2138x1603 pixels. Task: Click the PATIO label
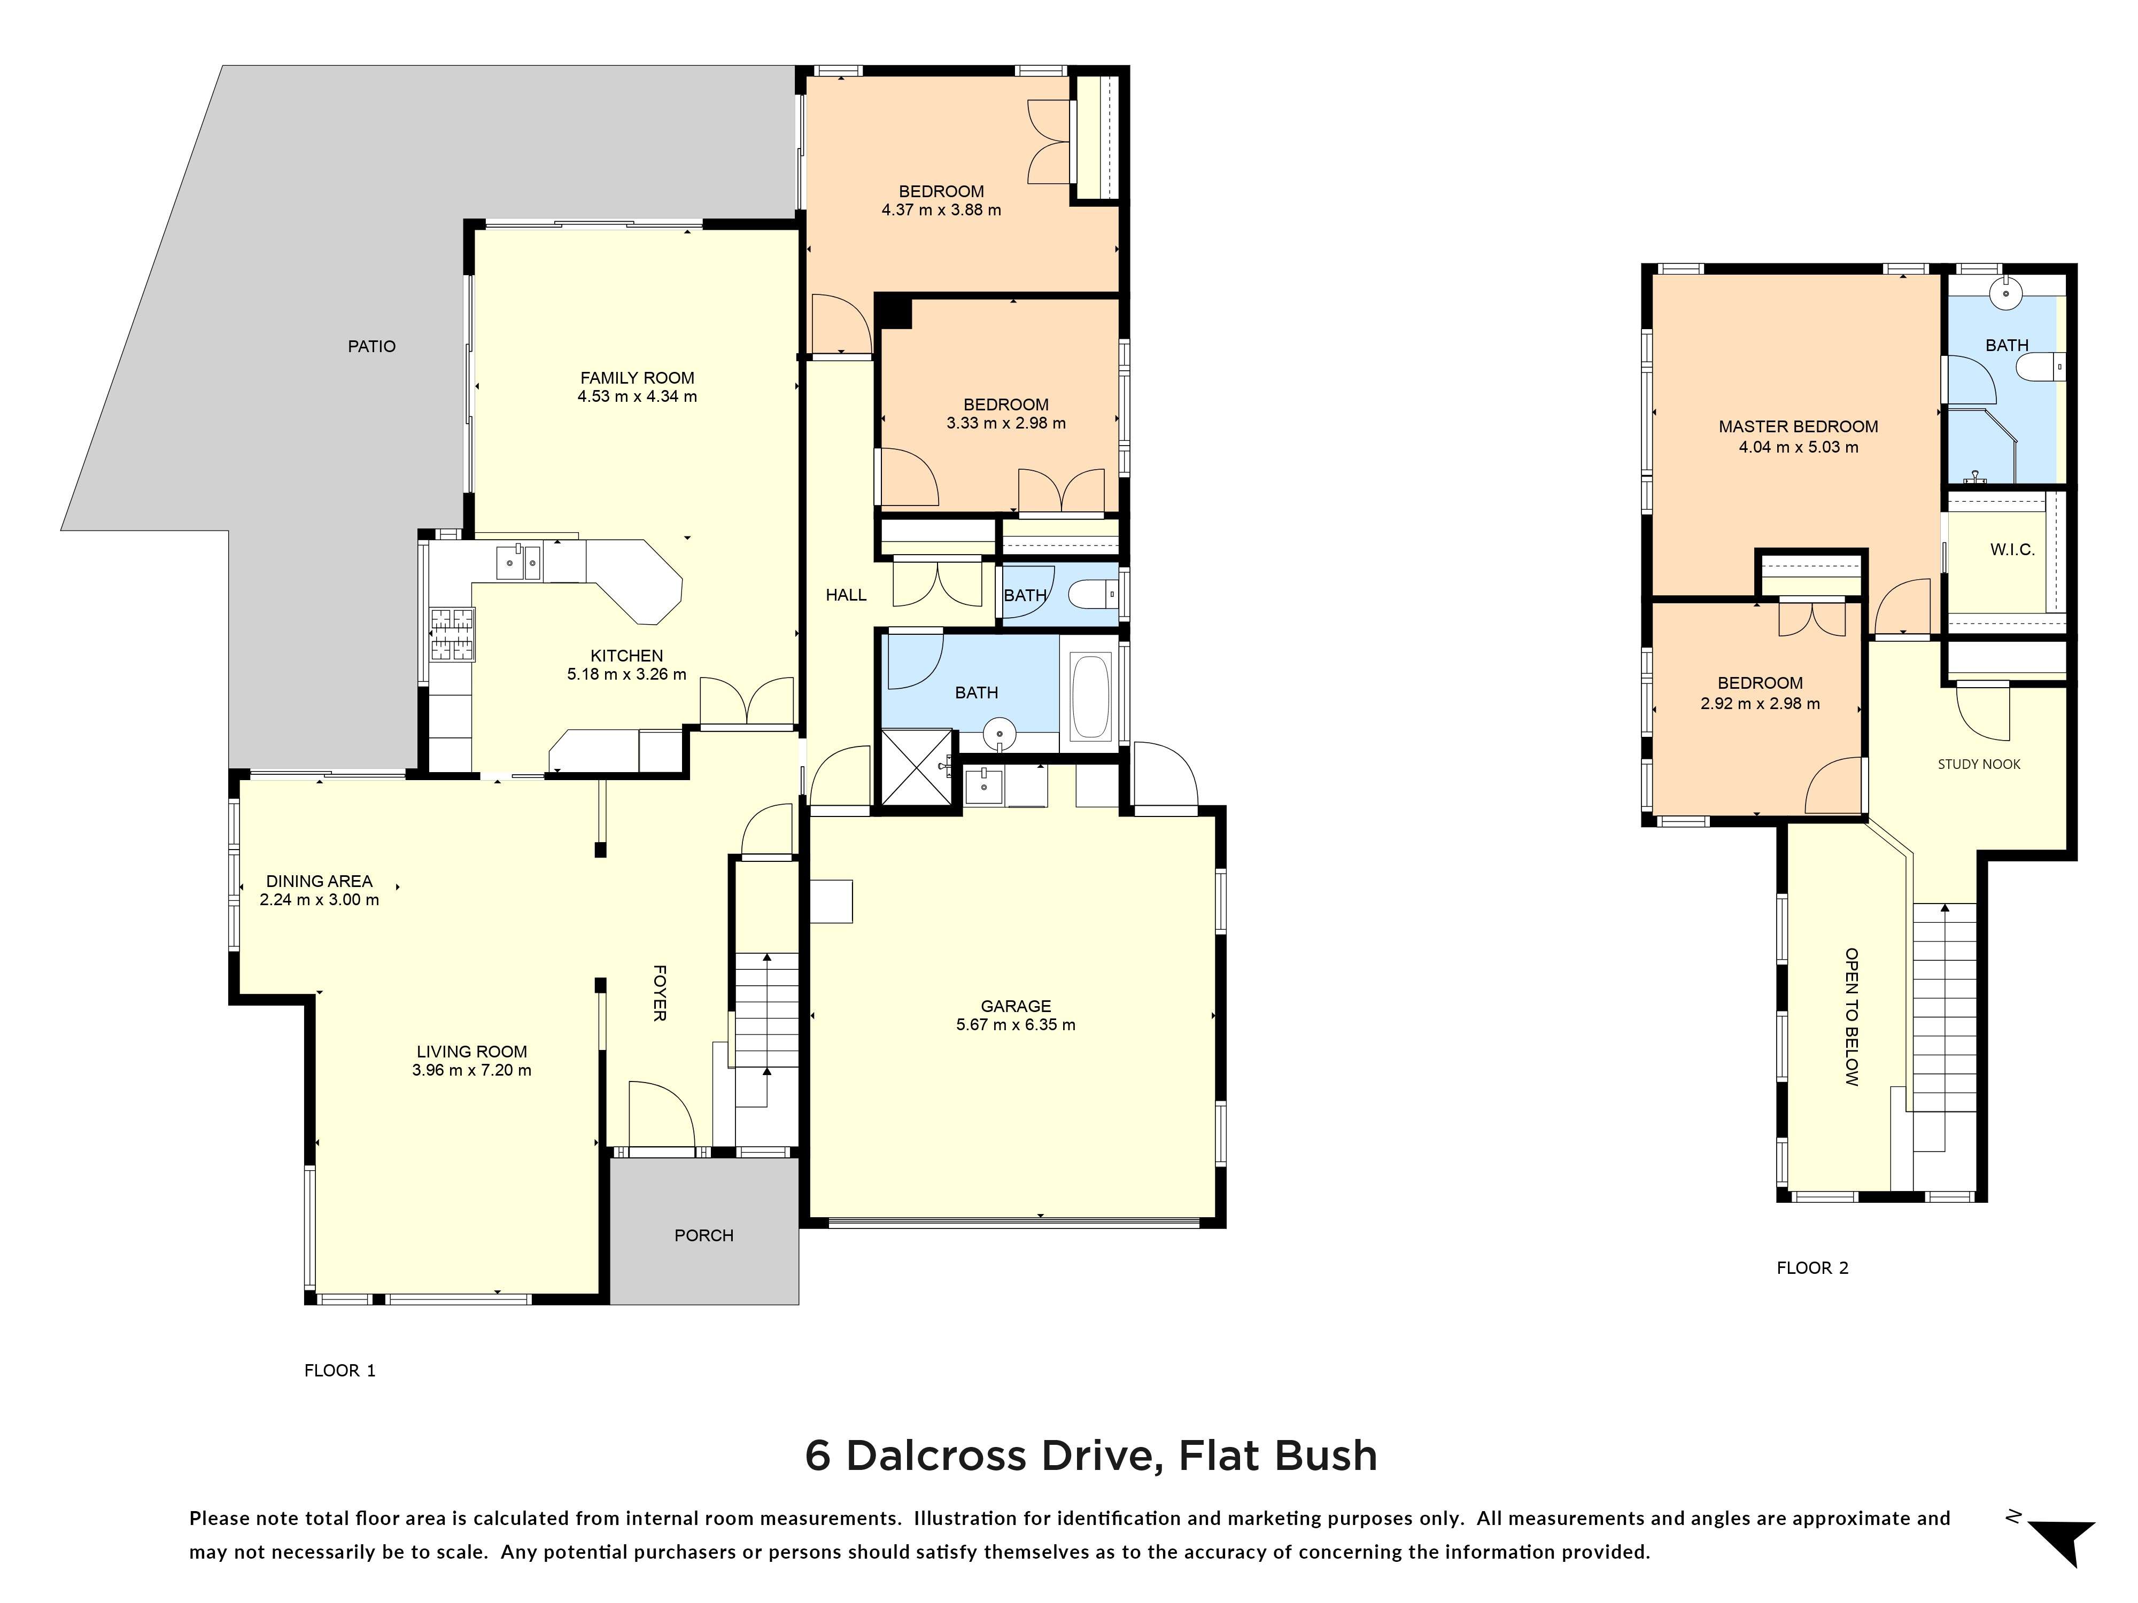point(371,346)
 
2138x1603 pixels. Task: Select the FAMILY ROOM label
point(637,378)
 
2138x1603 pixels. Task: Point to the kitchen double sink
point(519,562)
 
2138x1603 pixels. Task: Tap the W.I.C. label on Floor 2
point(2012,550)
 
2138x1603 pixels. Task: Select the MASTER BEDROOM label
point(1798,426)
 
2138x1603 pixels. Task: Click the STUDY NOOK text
point(1979,764)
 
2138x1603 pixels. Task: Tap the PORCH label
point(703,1235)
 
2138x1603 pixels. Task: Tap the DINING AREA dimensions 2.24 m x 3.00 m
point(319,900)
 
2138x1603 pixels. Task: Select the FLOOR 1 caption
point(339,1370)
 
